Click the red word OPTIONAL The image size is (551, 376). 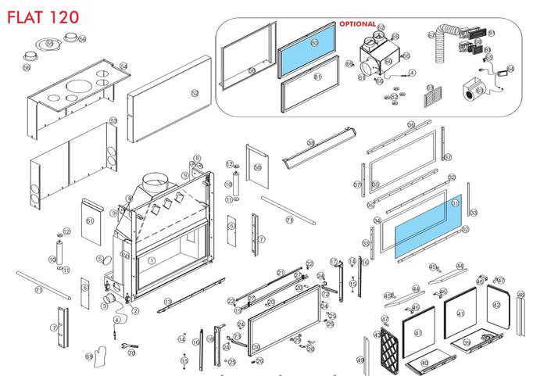tap(356, 24)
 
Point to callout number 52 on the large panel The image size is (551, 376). tap(195, 93)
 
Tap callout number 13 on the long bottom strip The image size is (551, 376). tap(168, 302)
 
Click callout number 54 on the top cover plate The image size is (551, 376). tap(123, 66)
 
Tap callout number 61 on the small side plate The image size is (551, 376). tap(90, 222)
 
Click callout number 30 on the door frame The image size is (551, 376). tap(256, 347)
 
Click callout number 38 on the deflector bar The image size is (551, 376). tap(310, 143)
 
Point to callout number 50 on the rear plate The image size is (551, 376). tap(258, 167)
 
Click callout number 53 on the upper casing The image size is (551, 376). tap(113, 120)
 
